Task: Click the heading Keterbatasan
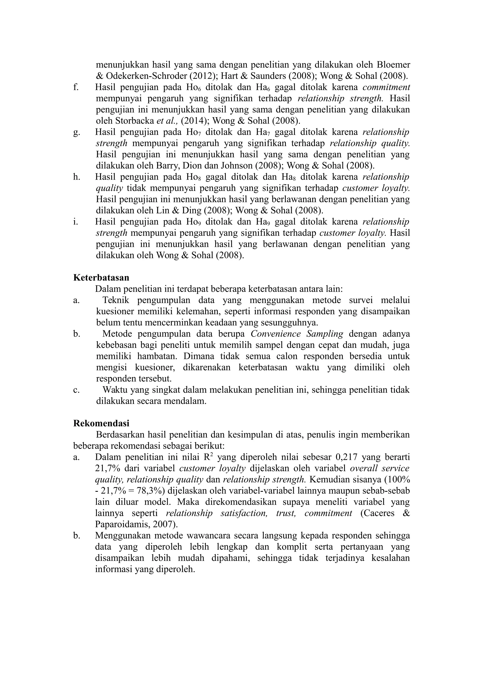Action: [101, 278]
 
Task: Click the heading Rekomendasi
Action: [101, 423]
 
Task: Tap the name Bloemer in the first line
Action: [393, 65]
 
